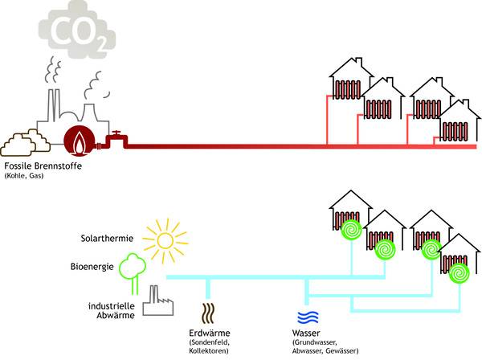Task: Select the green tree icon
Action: coord(131,268)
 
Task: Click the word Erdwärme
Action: coord(205,333)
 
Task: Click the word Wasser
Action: coord(308,333)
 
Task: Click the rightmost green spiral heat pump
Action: coord(459,275)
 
